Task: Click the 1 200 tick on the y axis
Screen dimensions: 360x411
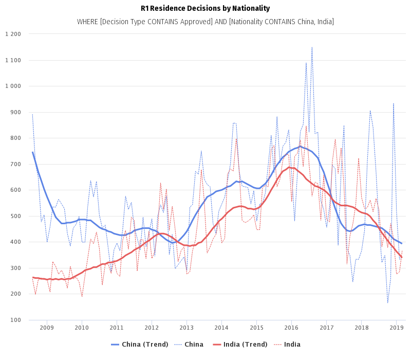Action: click(x=12, y=34)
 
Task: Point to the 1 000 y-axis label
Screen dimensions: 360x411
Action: click(x=12, y=86)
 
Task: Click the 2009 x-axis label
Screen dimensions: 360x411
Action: click(x=46, y=328)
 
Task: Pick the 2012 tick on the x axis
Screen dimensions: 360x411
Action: click(x=152, y=328)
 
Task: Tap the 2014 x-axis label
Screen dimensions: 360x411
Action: click(x=221, y=328)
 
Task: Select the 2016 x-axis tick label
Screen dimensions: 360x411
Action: click(x=291, y=328)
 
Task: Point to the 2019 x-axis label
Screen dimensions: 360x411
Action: click(x=396, y=328)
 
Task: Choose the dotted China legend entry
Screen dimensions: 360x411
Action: click(x=189, y=345)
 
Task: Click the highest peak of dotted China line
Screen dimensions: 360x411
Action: click(x=312, y=47)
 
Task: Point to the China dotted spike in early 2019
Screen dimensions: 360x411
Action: click(x=394, y=103)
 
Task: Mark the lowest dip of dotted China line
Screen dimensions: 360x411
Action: click(x=388, y=303)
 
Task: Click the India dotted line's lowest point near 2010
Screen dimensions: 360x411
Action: click(x=82, y=296)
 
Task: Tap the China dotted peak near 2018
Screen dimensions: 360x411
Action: click(x=370, y=111)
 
